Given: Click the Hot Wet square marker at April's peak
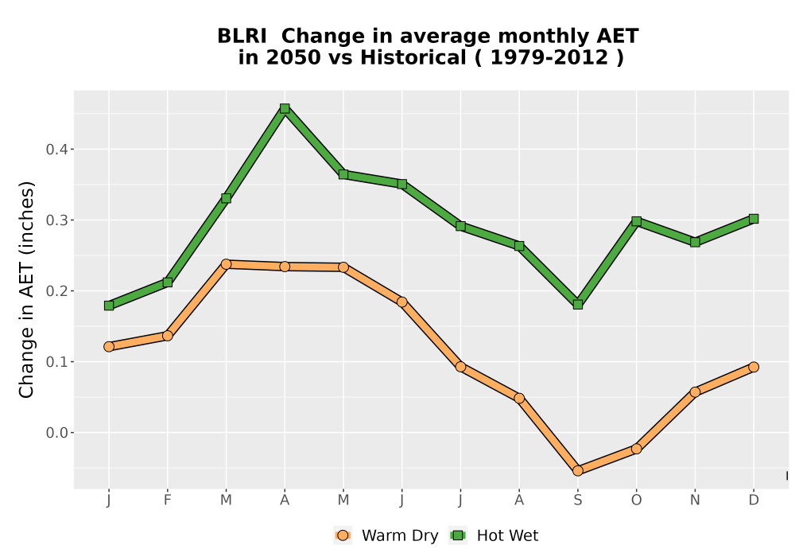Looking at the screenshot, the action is tap(285, 108).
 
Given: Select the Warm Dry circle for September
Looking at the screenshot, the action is tap(577, 471).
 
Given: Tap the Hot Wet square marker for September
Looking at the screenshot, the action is tap(577, 305).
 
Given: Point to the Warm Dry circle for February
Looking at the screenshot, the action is tap(167, 336).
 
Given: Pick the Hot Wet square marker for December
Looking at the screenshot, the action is tap(754, 219).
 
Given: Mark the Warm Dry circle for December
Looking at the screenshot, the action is tap(754, 367).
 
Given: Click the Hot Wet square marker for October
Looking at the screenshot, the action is tap(636, 221).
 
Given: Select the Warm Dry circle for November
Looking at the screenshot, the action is tap(695, 391).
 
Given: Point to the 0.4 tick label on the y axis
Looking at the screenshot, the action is tap(56, 149).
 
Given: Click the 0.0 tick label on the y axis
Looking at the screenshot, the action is tap(56, 433).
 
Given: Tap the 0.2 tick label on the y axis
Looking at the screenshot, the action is tap(56, 290).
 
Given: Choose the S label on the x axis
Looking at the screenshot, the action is tap(577, 501).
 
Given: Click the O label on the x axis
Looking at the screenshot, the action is tap(636, 501).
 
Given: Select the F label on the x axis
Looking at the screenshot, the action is tap(167, 501).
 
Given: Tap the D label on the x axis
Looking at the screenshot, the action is tap(754, 501).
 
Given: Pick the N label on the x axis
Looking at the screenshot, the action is tap(695, 501).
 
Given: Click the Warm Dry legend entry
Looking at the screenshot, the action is tap(386, 536).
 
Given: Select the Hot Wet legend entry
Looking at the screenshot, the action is tap(494, 536).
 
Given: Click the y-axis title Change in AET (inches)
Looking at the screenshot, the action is tap(26, 289).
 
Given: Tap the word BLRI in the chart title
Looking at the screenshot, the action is tap(242, 36).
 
